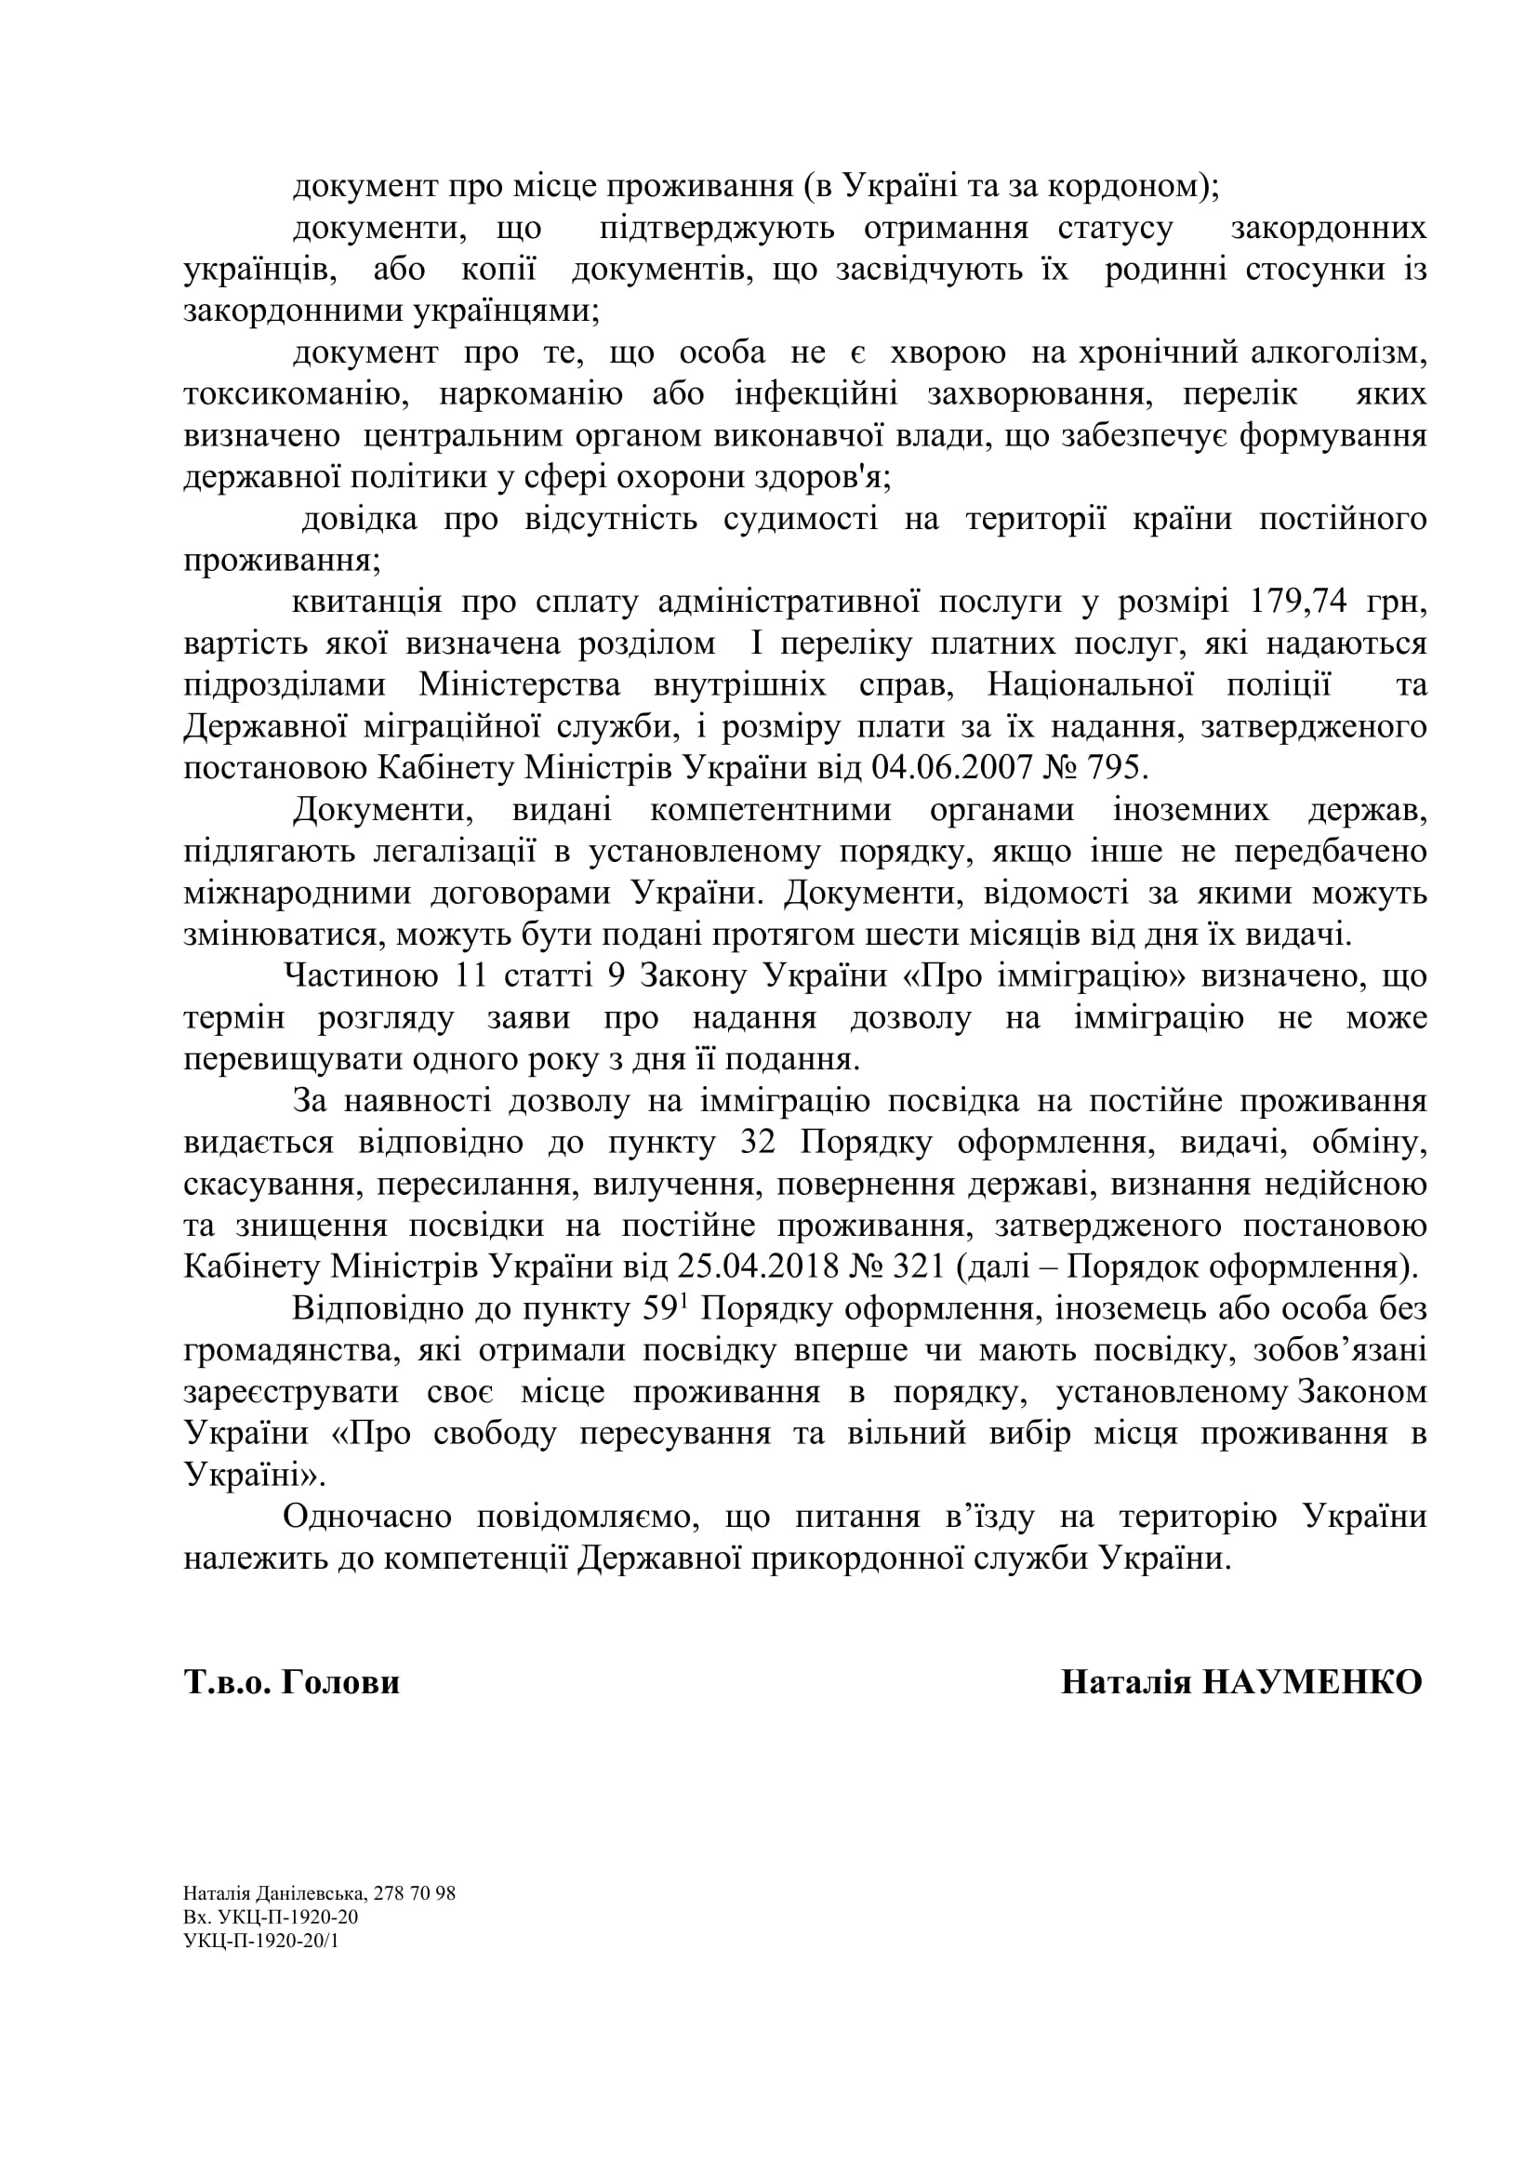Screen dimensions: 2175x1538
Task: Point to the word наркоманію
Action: [530, 394]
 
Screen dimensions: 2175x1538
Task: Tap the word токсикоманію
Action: [297, 394]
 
